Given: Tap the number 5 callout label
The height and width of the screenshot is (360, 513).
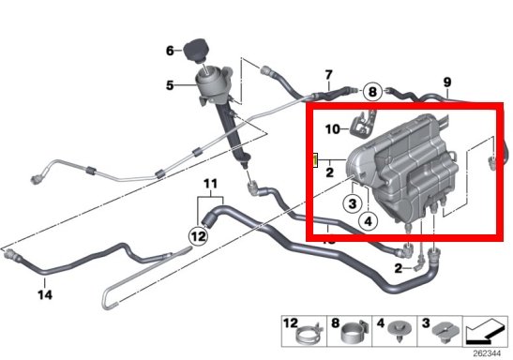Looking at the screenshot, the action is coord(170,85).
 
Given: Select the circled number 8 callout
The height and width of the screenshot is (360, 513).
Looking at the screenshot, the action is coord(372,92).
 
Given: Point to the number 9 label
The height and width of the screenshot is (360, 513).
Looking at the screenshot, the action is coord(447,82).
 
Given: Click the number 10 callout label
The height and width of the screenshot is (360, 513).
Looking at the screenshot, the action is coord(333,129).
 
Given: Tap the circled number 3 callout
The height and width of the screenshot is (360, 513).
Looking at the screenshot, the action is coord(352,203).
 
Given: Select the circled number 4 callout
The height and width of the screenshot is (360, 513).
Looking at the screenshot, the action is coord(368,221).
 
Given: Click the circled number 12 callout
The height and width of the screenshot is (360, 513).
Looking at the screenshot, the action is coord(198,235).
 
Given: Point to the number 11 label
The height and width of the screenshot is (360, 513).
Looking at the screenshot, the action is coord(210,184).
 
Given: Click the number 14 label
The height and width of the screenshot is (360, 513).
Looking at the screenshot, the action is coord(45,295).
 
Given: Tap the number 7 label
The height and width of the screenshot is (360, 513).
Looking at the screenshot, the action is coord(328,75).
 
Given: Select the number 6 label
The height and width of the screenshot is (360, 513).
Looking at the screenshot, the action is coord(170,51).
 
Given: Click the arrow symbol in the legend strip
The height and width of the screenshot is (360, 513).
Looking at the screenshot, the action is coord(485,333).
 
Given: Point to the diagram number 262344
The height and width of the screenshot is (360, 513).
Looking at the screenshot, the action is coord(487,353).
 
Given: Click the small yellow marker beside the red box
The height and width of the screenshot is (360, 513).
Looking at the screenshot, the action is coord(315,160).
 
